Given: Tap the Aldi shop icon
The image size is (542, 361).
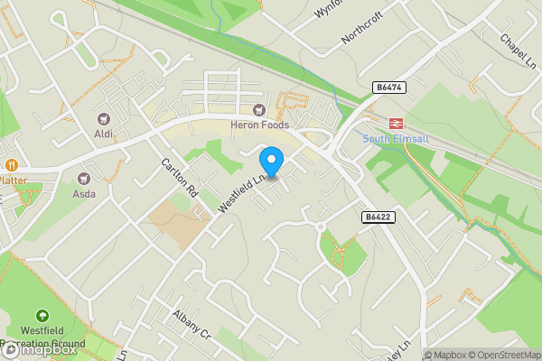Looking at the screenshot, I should pos(103,118).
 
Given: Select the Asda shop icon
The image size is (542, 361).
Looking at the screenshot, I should pos(84,178).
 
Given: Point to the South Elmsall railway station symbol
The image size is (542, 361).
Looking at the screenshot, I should pos(395,123).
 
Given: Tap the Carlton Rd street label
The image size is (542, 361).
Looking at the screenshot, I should pos(179,178).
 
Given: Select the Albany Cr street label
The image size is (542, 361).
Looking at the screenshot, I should pos(191,323).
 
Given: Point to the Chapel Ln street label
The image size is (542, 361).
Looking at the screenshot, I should pos(517,50).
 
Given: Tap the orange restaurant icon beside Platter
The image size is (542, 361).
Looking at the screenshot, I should pos(12,165).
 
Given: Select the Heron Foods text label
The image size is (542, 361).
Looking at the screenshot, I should pos(259,125).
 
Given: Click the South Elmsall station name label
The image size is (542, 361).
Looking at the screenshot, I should pos(395,138).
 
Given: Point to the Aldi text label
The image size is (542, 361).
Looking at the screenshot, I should pos(103,134).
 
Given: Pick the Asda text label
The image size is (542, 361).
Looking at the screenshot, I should pos(84,193).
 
